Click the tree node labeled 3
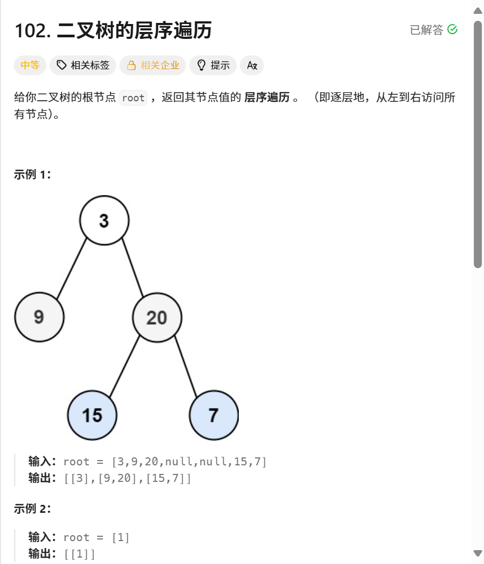click(104, 220)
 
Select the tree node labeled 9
click(39, 317)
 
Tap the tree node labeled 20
click(157, 318)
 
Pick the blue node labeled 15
click(92, 415)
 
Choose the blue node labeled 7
click(214, 415)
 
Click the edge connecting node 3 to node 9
click(71, 269)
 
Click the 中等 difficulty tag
click(30, 66)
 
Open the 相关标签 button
click(83, 66)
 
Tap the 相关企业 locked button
click(152, 66)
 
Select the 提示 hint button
click(213, 66)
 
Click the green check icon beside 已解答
click(453, 30)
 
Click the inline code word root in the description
click(133, 98)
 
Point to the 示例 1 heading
click(33, 175)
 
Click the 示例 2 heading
click(33, 509)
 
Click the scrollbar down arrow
click(478, 553)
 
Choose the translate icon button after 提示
click(252, 66)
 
